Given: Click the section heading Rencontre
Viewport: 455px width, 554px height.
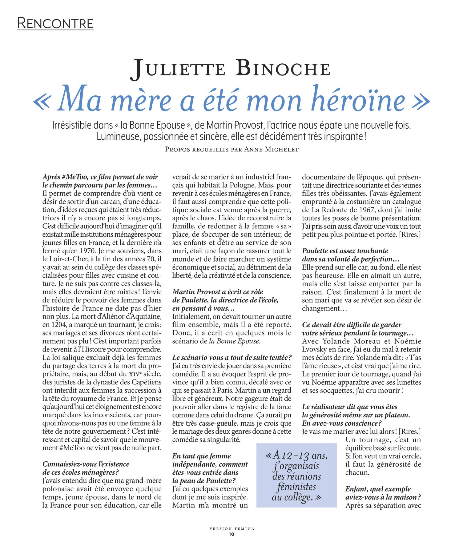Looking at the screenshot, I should point(55,24).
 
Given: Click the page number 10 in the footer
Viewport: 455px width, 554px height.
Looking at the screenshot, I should point(232,534).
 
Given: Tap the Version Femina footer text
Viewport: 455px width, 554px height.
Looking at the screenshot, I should point(232,528).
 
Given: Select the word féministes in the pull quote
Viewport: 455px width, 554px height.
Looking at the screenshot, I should point(297,487).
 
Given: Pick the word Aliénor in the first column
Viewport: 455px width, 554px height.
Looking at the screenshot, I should point(101,316).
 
